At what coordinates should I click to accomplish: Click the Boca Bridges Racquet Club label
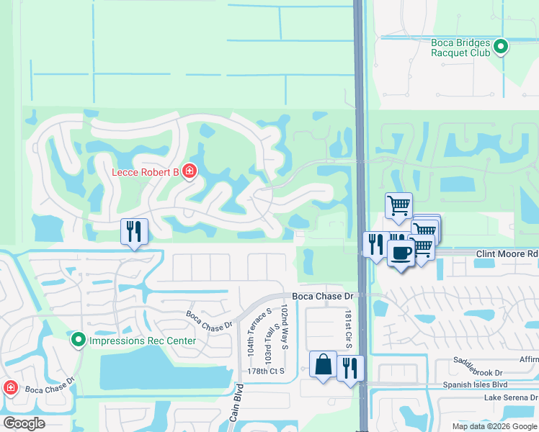point(460,48)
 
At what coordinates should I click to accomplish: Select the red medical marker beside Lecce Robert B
point(190,171)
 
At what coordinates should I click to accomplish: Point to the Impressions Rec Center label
point(133,339)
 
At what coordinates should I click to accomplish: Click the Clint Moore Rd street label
point(507,254)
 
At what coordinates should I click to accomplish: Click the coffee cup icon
point(401,253)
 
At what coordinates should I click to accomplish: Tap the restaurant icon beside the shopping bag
point(349,368)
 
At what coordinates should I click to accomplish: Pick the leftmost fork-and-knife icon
point(134,231)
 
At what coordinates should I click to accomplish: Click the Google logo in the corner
point(24,423)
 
